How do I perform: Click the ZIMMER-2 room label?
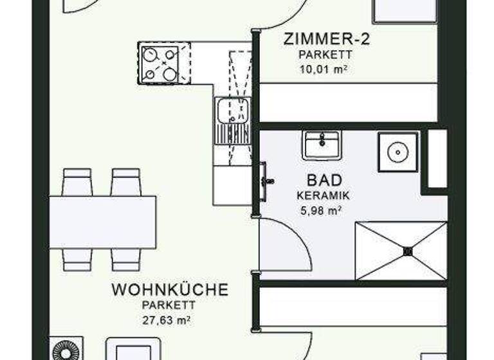point(327,39)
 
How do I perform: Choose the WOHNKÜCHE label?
point(170,290)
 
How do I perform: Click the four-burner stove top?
point(160,63)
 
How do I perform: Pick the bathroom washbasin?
point(322,145)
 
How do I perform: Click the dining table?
point(103,222)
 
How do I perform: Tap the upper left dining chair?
point(78,182)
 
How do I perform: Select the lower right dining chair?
point(125,259)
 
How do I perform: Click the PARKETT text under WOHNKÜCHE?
point(170,305)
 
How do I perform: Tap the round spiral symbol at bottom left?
point(66,350)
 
